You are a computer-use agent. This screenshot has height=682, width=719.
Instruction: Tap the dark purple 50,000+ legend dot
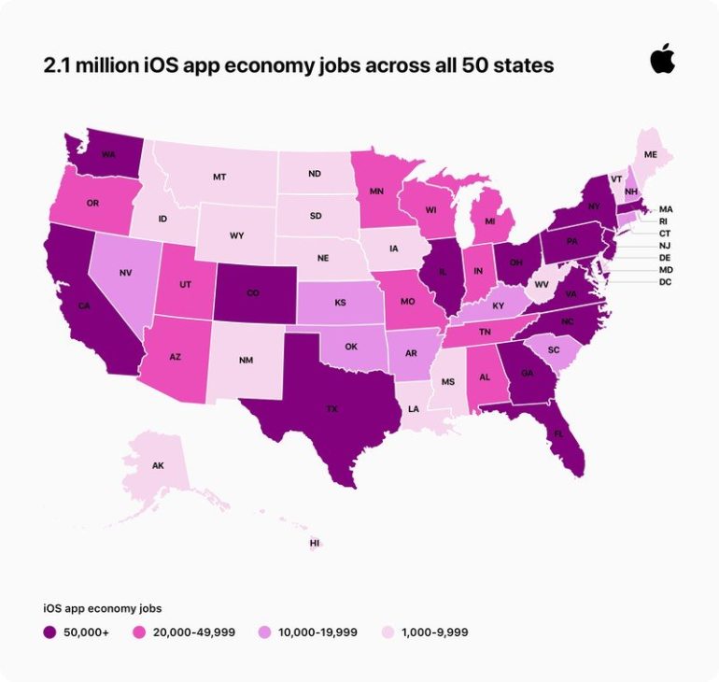pos(49,632)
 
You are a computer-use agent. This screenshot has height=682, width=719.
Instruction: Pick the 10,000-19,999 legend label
pos(318,632)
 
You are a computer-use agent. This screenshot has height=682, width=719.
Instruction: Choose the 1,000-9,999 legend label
pos(434,632)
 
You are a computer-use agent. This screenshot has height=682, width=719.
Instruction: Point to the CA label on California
pos(84,305)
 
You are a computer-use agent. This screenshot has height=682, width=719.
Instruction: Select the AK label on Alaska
pos(158,464)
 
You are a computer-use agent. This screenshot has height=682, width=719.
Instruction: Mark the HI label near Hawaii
pos(315,543)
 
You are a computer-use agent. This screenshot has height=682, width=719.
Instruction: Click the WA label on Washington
pos(108,154)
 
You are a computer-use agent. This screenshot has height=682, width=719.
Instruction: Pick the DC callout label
pos(665,282)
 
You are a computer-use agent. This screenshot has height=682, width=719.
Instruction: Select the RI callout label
pos(664,221)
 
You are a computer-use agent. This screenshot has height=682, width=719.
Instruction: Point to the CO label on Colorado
pos(251,291)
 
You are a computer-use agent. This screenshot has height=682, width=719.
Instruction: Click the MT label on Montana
pos(219,176)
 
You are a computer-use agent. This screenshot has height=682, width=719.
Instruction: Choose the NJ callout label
pos(665,245)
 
